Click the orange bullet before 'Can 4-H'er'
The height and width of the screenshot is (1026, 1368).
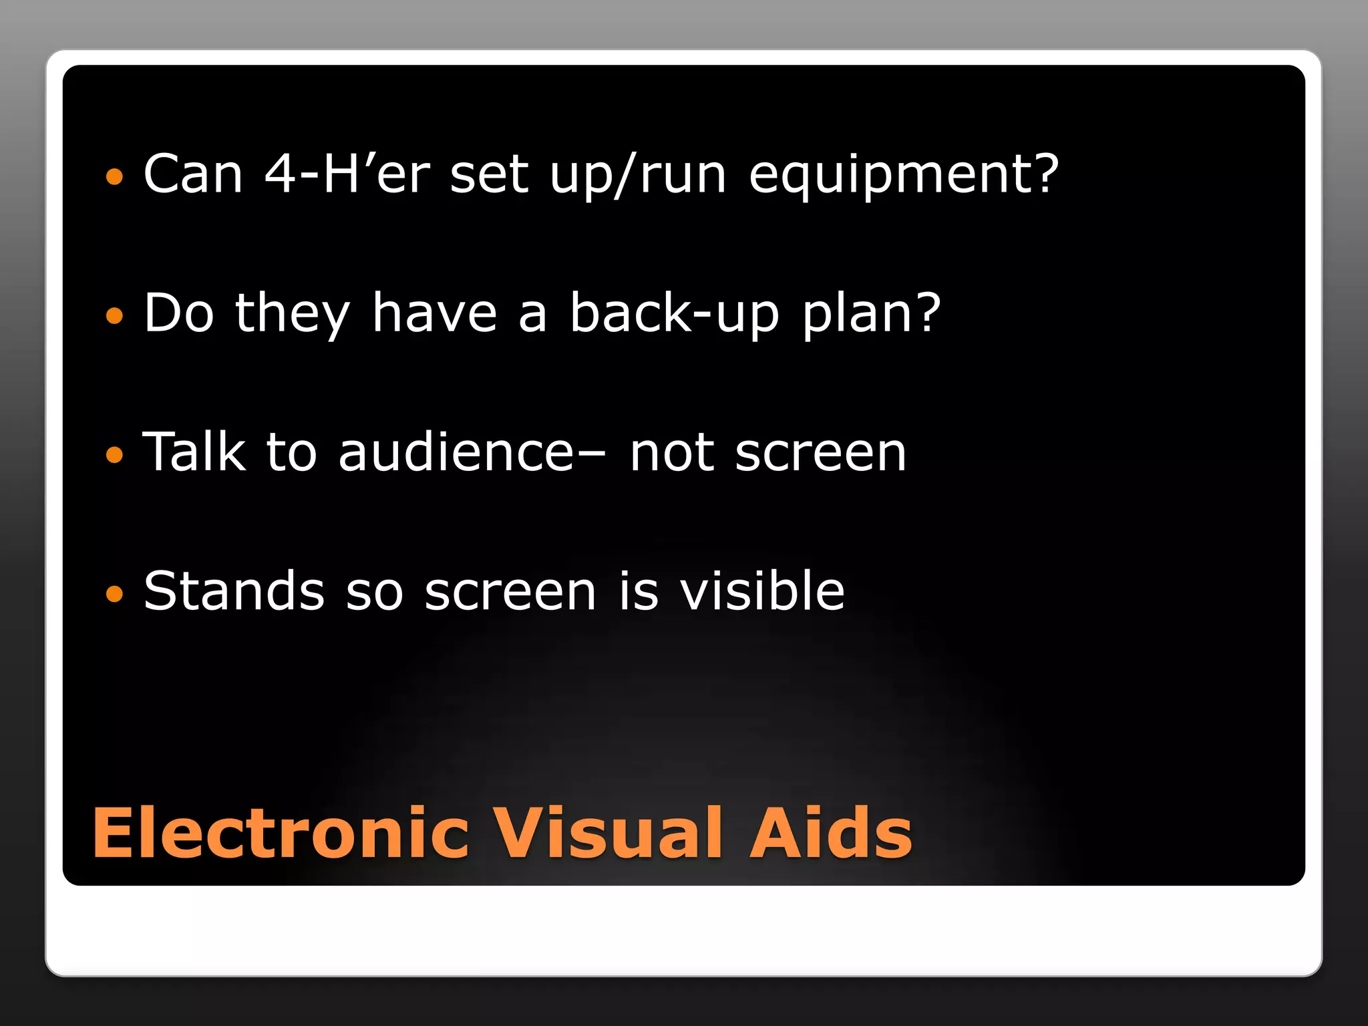point(115,177)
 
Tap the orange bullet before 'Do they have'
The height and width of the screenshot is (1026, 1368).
point(115,316)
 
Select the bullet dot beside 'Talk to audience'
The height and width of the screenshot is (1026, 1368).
point(115,455)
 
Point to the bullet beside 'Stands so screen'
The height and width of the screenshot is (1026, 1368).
point(115,594)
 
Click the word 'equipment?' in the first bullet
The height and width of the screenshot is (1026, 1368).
point(904,175)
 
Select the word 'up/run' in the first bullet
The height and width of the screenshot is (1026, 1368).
point(638,175)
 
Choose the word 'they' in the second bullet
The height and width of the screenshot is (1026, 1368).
point(293,314)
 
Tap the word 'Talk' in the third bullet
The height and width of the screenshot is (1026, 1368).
point(194,452)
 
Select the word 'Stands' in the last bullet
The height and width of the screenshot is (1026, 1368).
point(234,591)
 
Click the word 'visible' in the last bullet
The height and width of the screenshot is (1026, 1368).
point(762,591)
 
